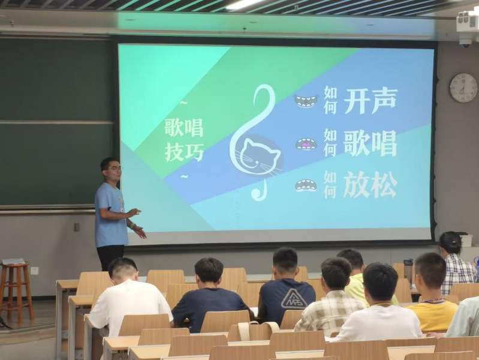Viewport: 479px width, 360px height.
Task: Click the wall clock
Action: coord(463,88)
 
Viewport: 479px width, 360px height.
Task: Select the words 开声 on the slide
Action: coord(370,101)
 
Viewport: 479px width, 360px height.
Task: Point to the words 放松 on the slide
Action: coord(370,184)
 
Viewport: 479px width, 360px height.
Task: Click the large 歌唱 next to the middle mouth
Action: coord(370,143)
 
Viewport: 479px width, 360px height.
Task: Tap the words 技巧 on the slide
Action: coord(184,152)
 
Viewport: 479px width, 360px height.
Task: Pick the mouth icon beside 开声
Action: coord(306,101)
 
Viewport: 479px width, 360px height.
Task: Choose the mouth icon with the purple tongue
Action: coord(306,144)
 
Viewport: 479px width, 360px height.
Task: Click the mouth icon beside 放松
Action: coord(306,185)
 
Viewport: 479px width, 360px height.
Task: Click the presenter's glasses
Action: coord(115,169)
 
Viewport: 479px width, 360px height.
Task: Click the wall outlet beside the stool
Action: coord(35,271)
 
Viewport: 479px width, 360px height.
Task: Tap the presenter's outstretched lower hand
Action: coord(140,232)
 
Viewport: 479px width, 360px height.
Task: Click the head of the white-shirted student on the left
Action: coord(122,269)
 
